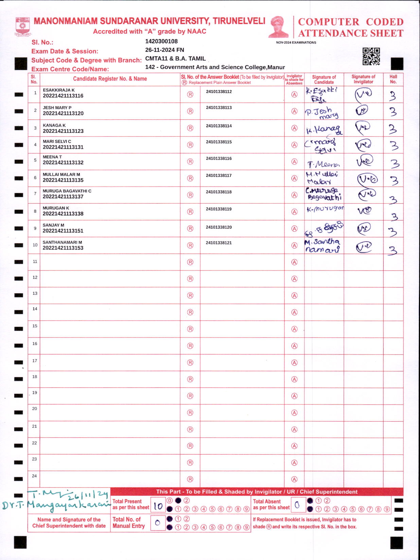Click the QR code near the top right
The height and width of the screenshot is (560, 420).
(371, 56)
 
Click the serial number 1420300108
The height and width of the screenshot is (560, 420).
(161, 42)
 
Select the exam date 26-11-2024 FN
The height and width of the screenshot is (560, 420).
(164, 50)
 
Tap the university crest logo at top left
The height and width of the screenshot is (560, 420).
(22, 27)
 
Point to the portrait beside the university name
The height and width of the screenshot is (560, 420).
(278, 27)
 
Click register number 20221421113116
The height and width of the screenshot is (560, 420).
(63, 96)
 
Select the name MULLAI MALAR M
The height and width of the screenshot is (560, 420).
(61, 175)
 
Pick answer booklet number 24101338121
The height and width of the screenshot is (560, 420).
(219, 243)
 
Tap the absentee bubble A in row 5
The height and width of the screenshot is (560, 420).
(294, 162)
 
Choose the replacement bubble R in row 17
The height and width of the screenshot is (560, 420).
(190, 363)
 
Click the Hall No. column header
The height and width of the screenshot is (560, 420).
(393, 79)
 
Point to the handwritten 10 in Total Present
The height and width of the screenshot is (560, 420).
(158, 506)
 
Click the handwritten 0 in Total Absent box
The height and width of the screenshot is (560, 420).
(297, 505)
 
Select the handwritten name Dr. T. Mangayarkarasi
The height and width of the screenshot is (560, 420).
(56, 505)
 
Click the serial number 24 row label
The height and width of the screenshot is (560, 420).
(34, 476)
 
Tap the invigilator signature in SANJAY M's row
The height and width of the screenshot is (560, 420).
(363, 228)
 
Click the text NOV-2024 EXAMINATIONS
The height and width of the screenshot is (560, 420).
(296, 43)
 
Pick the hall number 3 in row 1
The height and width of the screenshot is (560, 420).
(393, 96)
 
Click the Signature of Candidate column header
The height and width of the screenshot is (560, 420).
(324, 80)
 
